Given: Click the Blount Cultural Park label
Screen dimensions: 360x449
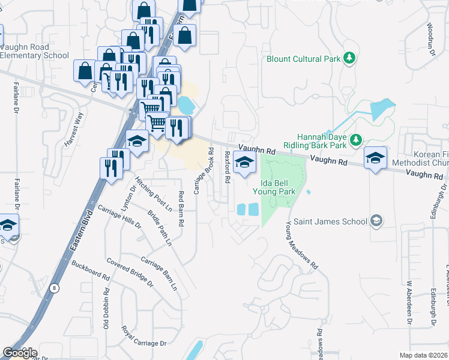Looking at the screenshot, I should tap(304, 59).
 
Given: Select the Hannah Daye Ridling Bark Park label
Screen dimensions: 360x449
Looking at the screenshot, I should tap(324, 140).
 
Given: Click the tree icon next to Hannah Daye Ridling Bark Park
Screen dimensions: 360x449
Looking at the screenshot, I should tap(355, 140).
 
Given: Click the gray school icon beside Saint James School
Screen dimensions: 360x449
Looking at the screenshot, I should tap(376, 221).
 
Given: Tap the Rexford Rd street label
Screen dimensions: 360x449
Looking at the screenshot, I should tap(228, 167).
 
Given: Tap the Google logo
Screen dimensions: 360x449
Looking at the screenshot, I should tap(20, 353).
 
